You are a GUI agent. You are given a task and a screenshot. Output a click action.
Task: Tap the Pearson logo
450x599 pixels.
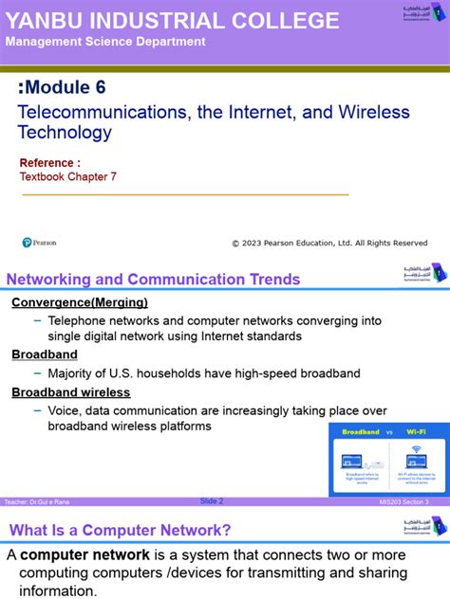40,243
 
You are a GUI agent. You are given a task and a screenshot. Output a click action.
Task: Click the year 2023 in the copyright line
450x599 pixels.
262,243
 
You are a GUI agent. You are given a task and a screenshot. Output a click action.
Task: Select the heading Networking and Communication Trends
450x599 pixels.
153,279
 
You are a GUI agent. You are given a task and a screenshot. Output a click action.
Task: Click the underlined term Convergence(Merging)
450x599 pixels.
80,302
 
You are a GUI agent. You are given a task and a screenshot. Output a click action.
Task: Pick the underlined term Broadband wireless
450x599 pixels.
71,391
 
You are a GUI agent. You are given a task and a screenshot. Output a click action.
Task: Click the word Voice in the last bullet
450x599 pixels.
66,410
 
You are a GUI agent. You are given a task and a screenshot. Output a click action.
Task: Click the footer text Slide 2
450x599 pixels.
211,500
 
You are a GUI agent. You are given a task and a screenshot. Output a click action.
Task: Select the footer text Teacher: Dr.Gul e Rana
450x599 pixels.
37,501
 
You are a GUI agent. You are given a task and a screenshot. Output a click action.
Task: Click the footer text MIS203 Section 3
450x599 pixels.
403,501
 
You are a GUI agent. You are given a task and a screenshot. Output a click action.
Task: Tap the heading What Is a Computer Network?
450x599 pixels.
120,530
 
